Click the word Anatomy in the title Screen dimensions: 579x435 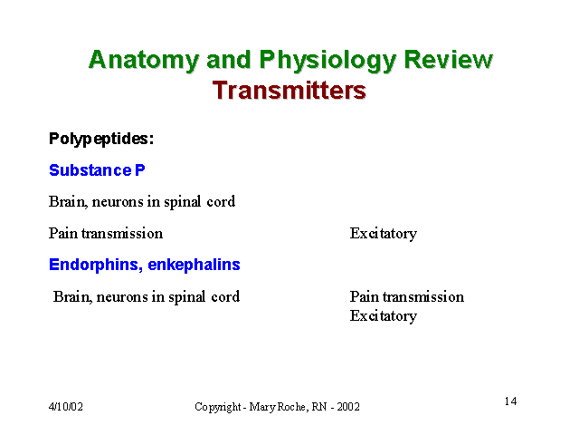point(144,60)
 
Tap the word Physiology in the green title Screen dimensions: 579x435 point(327,60)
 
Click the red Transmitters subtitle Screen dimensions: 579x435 point(289,91)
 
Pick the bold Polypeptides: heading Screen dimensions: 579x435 point(101,139)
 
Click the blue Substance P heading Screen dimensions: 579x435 point(97,170)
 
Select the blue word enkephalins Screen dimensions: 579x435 point(194,265)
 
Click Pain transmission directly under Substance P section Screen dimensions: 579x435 point(106,234)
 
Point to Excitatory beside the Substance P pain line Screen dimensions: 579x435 point(384,234)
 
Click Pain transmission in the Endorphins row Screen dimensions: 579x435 point(407,296)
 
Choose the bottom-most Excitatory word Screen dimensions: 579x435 point(384,316)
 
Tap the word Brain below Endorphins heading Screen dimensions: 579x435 point(72,297)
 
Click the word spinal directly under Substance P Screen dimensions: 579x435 point(183,202)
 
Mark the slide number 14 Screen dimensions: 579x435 point(510,401)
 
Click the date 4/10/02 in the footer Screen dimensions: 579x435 point(66,407)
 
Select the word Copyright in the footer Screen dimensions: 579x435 point(217,407)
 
